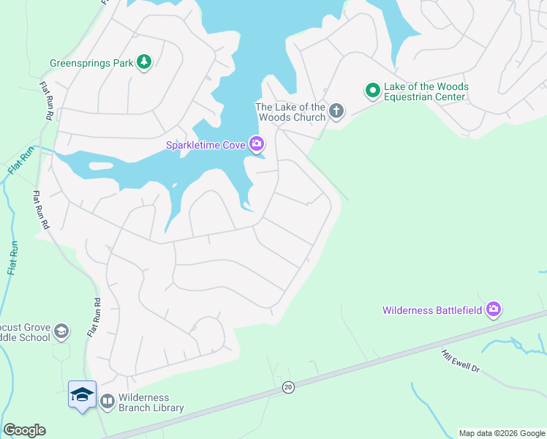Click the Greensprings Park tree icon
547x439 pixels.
(145, 63)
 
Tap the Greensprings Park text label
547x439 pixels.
(91, 63)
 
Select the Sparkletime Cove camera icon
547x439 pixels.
(256, 144)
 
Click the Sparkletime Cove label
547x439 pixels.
(205, 145)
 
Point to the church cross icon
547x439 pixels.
(336, 111)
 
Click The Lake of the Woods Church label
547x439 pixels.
(290, 112)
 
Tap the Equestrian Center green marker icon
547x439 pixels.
(372, 91)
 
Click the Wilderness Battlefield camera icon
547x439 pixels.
(493, 309)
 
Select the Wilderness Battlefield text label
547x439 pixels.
(432, 310)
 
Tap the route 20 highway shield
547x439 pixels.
(288, 387)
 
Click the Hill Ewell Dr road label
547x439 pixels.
(460, 360)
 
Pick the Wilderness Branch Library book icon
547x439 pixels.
(107, 401)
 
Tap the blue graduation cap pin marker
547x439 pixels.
(82, 395)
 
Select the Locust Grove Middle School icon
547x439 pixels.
(61, 331)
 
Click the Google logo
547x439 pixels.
(24, 430)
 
